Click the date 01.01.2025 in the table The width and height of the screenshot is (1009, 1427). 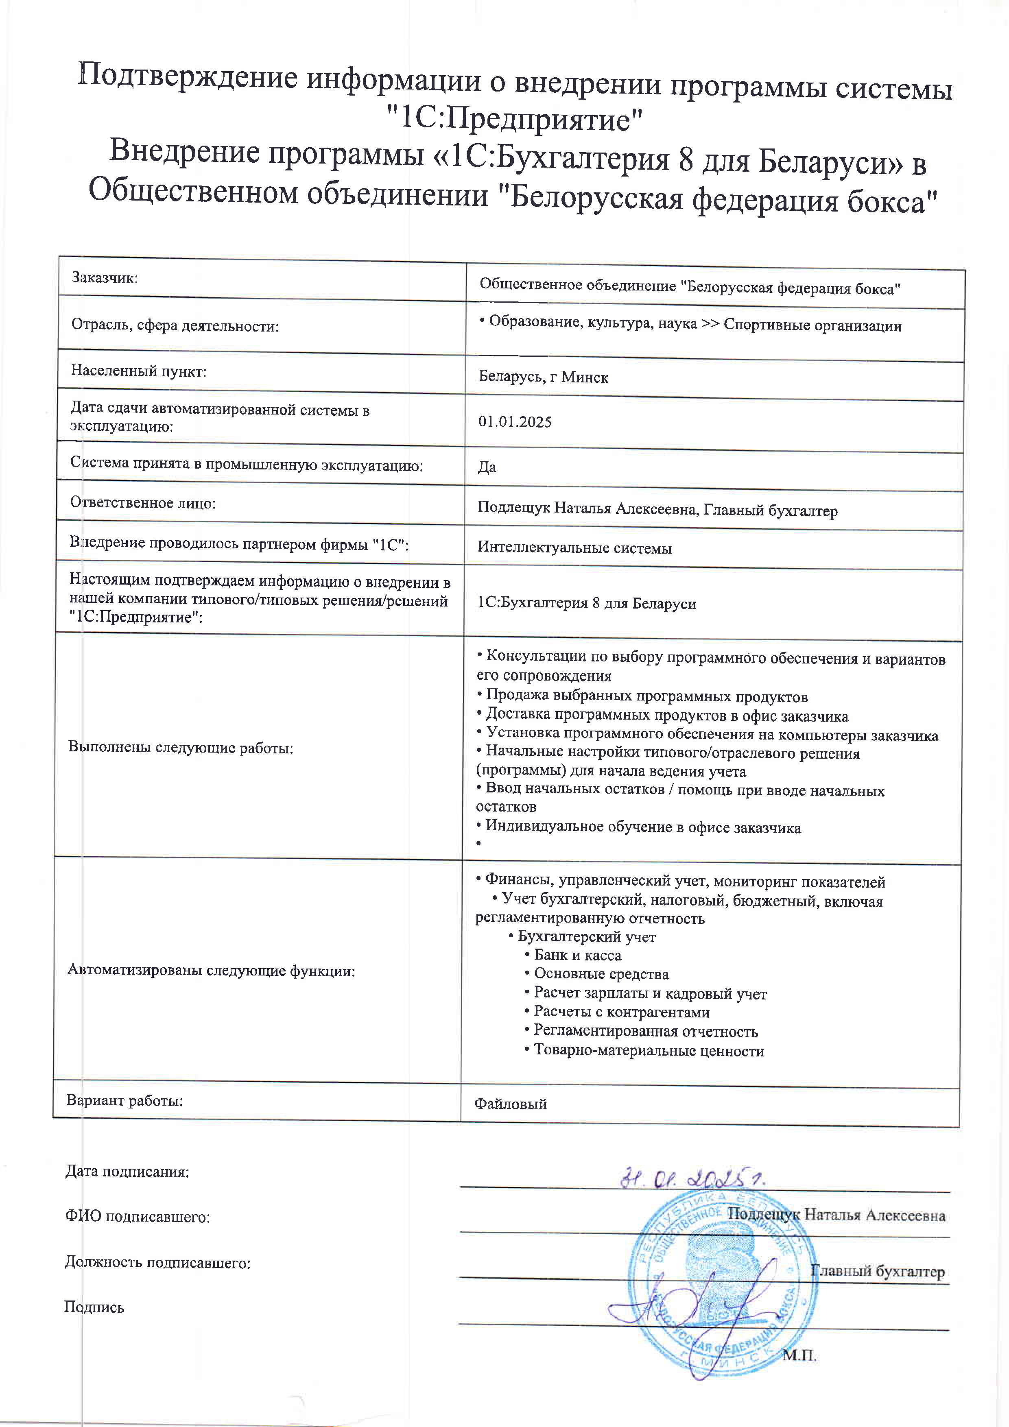515,422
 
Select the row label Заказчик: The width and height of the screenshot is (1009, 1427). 105,278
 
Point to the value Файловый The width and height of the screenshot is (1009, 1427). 511,1104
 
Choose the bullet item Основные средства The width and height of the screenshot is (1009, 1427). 601,974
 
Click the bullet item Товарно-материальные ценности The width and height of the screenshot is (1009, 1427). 649,1051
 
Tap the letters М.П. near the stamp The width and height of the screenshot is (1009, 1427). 799,1355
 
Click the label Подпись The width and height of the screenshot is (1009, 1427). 94,1307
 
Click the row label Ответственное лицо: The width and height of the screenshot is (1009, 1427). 142,503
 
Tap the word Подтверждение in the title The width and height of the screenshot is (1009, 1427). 188,79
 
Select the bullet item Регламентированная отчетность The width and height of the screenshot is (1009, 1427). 645,1032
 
